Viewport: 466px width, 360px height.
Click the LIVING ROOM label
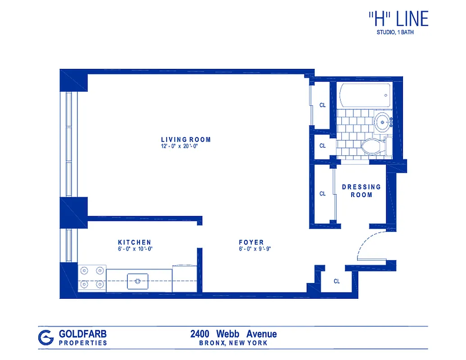click(185, 139)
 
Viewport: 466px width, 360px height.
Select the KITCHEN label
click(134, 242)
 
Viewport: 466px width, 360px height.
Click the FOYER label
click(251, 242)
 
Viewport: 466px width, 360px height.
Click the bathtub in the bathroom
click(365, 95)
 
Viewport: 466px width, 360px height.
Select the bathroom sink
click(383, 121)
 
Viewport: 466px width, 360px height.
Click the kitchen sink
click(138, 281)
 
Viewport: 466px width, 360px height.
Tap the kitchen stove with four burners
click(92, 278)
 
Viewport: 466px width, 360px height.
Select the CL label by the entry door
click(337, 281)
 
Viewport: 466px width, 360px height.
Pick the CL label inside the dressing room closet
click(322, 194)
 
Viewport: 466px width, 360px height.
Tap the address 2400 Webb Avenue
click(233, 334)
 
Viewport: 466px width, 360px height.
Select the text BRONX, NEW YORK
click(233, 343)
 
